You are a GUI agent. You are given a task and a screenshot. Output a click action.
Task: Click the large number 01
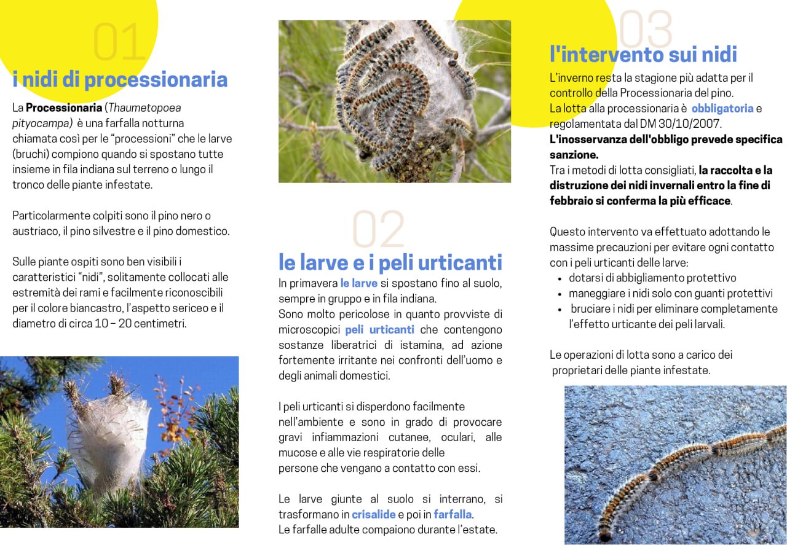pyautogui.click(x=119, y=43)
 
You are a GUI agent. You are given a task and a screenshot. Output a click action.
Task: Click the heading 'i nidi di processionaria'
pyautogui.click(x=120, y=80)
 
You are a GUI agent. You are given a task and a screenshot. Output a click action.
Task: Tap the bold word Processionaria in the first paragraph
pyautogui.click(x=64, y=108)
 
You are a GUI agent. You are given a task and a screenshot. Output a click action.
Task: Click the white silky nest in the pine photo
pyautogui.click(x=108, y=436)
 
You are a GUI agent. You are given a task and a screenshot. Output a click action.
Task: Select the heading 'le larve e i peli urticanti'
pyautogui.click(x=390, y=262)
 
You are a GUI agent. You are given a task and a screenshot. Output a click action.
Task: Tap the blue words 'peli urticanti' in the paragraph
pyautogui.click(x=379, y=330)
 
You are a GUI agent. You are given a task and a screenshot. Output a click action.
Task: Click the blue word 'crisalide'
pyautogui.click(x=373, y=514)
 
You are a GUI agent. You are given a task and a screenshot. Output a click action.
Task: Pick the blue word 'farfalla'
pyautogui.click(x=453, y=514)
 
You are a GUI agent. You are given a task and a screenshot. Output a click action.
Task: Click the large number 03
pyautogui.click(x=646, y=29)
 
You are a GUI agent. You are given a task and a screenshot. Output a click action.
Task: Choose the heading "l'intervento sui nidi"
pyautogui.click(x=643, y=55)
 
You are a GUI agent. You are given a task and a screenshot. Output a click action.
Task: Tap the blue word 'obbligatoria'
pyautogui.click(x=722, y=109)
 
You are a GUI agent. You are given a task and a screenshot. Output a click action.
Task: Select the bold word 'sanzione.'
pyautogui.click(x=574, y=155)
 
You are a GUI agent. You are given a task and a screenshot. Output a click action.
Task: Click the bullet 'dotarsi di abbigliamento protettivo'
pyautogui.click(x=652, y=278)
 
